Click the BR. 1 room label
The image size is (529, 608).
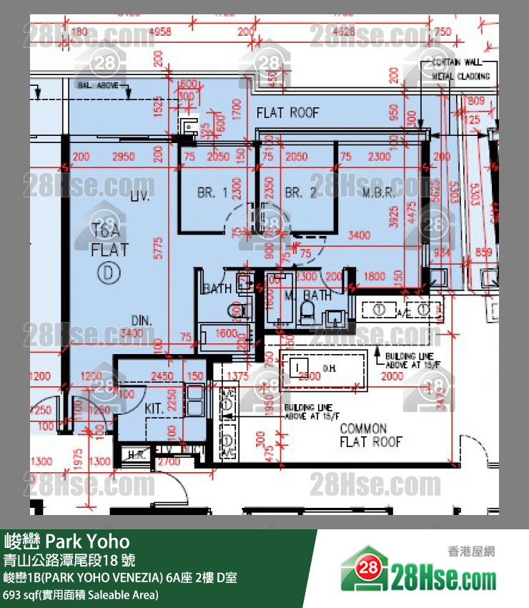212,192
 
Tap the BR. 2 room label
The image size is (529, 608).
300,192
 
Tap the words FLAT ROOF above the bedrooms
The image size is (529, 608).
287,112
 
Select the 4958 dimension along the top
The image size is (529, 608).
161,31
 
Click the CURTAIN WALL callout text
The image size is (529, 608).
461,63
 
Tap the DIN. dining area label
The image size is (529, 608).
142,320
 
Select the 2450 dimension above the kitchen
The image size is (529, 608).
162,376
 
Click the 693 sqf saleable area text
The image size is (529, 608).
81,594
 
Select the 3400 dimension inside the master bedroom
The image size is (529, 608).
359,234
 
